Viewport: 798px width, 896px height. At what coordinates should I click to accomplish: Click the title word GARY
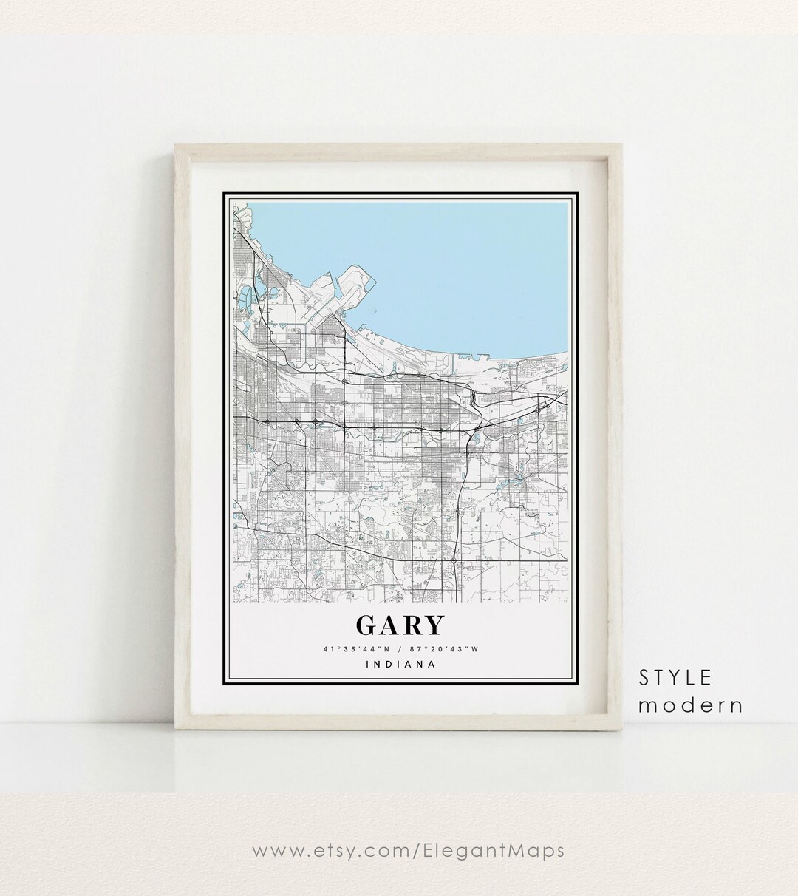(400, 625)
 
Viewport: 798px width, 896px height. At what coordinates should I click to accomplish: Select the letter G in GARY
(367, 625)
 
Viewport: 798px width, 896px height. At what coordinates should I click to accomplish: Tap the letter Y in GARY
(434, 625)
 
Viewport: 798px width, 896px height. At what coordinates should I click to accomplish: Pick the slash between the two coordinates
(400, 650)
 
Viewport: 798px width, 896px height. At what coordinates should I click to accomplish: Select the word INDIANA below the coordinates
(400, 664)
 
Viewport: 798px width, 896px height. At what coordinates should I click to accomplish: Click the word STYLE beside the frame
(676, 677)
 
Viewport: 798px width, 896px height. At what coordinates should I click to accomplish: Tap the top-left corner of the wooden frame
(175, 146)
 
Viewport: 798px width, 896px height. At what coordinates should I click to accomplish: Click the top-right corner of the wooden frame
(624, 146)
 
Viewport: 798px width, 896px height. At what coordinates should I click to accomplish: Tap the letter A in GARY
(389, 625)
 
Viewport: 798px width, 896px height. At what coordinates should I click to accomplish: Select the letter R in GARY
(412, 625)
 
